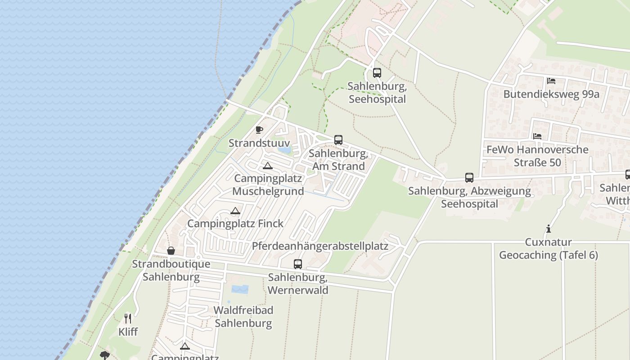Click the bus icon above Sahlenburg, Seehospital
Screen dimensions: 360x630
pos(377,72)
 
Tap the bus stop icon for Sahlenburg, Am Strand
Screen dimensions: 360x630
pos(338,140)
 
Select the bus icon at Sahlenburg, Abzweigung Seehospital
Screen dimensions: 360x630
pos(469,178)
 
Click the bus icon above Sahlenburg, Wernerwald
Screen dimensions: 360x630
pos(298,264)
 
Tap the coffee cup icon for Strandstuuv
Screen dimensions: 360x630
pos(259,130)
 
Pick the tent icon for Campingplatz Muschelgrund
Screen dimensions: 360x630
pos(268,166)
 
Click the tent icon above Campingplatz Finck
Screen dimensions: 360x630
pos(235,211)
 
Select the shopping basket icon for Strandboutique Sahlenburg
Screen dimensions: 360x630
pos(171,251)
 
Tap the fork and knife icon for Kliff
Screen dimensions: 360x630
pos(128,319)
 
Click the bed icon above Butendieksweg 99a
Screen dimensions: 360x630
pos(551,81)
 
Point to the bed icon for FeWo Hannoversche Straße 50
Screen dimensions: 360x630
pos(537,136)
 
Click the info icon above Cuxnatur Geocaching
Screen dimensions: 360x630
pos(549,229)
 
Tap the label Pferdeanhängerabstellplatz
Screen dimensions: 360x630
pos(320,246)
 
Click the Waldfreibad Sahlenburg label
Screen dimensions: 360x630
pos(243,316)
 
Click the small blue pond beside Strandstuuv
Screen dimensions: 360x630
pos(284,150)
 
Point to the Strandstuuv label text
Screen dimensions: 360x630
pos(258,143)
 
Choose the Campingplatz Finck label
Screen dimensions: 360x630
pos(235,223)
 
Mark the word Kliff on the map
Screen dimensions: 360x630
pos(128,332)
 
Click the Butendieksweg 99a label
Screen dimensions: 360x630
pos(551,94)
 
